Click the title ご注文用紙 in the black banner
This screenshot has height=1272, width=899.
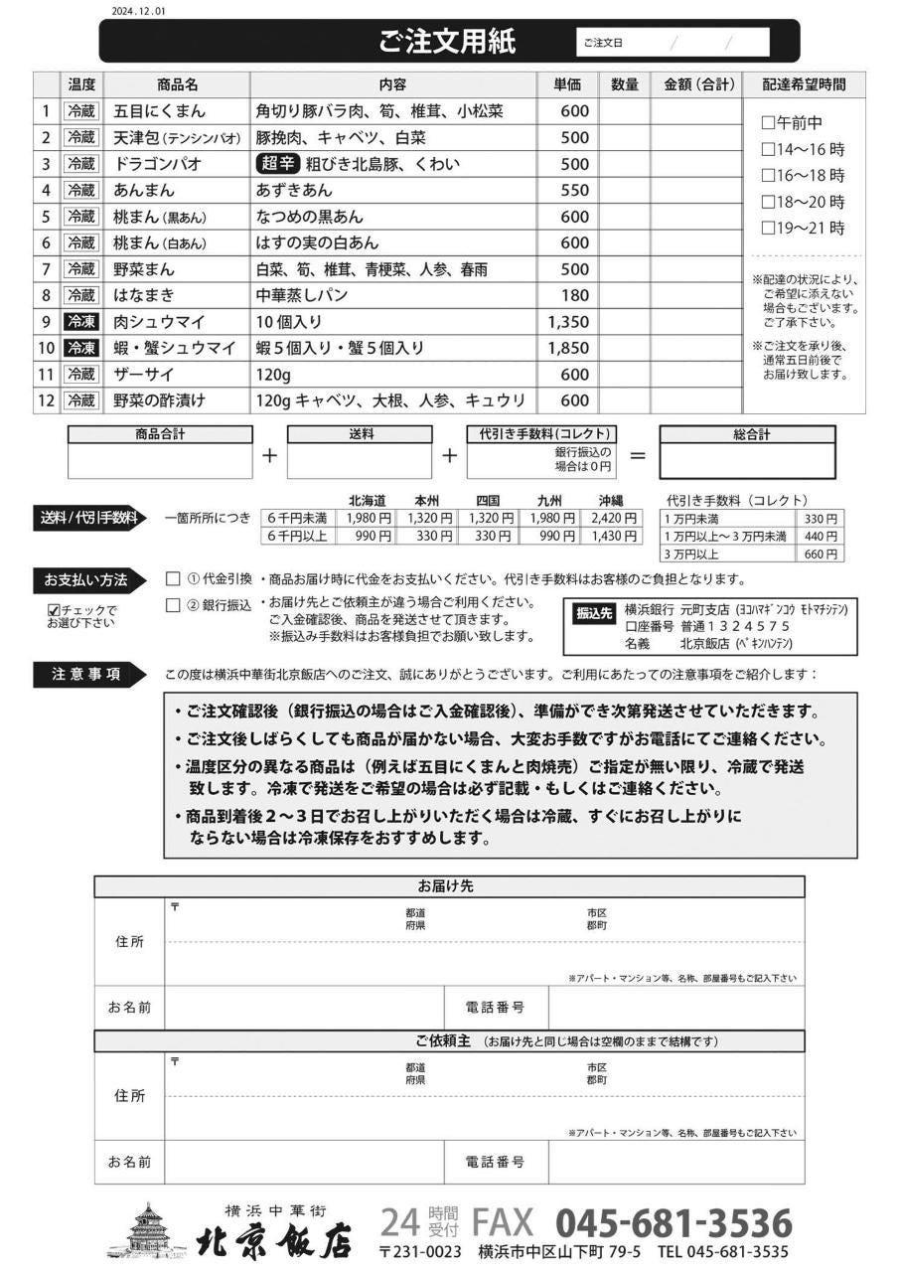click(447, 42)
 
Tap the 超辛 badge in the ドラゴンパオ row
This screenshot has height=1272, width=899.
click(277, 164)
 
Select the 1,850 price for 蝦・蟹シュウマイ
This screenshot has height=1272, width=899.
click(567, 348)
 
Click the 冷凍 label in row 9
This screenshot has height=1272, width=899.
click(81, 322)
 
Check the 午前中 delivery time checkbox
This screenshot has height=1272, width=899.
click(767, 124)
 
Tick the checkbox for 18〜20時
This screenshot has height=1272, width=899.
click(767, 202)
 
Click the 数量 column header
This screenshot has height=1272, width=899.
click(624, 85)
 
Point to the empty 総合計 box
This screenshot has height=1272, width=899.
click(747, 461)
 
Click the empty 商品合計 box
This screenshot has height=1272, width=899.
click(160, 461)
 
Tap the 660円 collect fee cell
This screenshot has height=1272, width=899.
click(821, 554)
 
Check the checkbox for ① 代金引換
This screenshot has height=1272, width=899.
click(173, 579)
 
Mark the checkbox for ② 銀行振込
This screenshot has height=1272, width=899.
click(173, 604)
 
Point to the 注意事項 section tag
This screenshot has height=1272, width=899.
click(86, 674)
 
